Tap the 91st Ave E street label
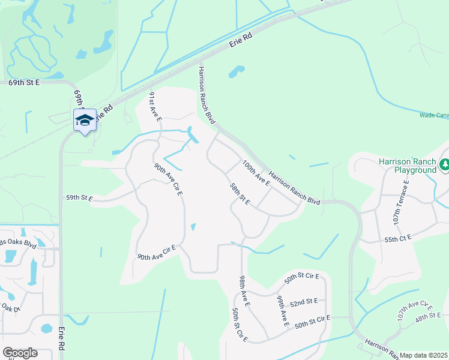155,107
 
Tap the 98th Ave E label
244,290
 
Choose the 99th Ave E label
282,311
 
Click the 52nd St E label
308,301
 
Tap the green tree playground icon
445,164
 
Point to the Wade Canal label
433,115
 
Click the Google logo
20,353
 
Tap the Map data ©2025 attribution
423,355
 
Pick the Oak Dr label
11,307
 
